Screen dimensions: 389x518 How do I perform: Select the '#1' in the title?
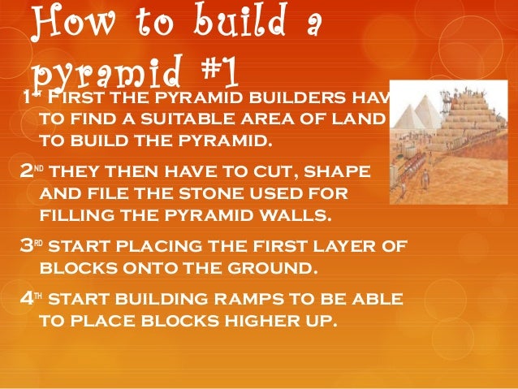coord(215,74)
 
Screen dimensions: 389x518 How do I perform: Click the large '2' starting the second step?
coord(25,173)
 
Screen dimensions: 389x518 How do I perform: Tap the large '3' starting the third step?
coord(25,247)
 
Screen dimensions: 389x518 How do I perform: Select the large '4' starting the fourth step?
coord(25,299)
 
